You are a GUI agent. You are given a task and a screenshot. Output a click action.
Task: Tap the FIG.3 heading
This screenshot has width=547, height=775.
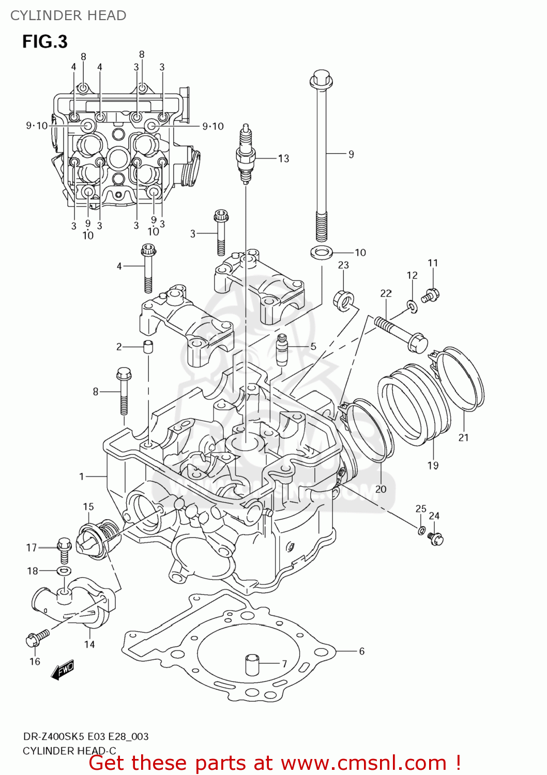pyautogui.click(x=45, y=42)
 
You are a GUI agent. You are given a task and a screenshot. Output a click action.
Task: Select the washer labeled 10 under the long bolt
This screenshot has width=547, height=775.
pyautogui.click(x=322, y=253)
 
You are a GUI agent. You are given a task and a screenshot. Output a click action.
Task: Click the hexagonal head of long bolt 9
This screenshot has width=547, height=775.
pyautogui.click(x=321, y=79)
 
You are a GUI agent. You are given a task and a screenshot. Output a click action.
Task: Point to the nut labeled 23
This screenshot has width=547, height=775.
pyautogui.click(x=343, y=300)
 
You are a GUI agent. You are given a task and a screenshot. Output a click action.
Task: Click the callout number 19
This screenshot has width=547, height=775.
pyautogui.click(x=433, y=466)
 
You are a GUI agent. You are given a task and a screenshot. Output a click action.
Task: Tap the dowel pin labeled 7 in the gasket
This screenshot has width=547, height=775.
pyautogui.click(x=251, y=664)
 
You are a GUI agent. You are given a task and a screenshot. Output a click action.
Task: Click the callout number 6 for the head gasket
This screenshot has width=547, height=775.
pyautogui.click(x=361, y=652)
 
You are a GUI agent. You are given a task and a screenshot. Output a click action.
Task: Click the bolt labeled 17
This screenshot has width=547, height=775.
pyautogui.click(x=64, y=549)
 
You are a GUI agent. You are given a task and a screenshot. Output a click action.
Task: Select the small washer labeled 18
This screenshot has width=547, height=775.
pyautogui.click(x=64, y=571)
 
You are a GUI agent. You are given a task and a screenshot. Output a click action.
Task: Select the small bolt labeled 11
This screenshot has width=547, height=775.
pyautogui.click(x=431, y=295)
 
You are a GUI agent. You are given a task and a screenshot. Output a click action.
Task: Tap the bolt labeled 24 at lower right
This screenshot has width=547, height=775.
pyautogui.click(x=436, y=539)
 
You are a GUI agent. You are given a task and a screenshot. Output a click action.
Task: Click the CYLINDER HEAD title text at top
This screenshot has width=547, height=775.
pyautogui.click(x=68, y=16)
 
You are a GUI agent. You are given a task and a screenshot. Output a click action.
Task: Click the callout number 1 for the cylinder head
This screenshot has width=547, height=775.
pyautogui.click(x=81, y=476)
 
